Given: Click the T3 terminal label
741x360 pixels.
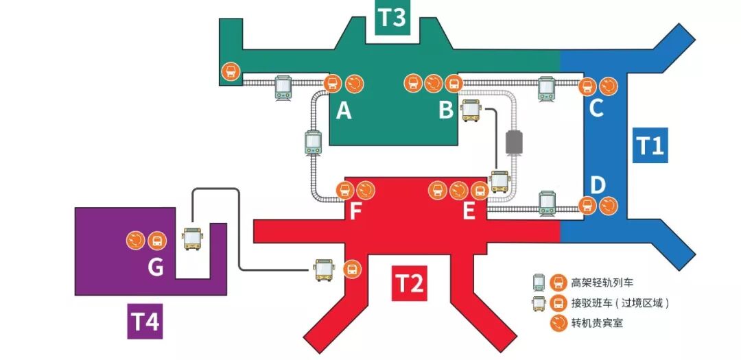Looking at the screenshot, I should [392, 19].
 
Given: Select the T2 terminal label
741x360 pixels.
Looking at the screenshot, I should [410, 283].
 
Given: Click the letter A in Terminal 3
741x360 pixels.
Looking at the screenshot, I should [344, 110].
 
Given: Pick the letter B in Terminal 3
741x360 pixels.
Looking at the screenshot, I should [446, 110].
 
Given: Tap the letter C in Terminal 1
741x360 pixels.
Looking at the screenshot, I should [596, 108].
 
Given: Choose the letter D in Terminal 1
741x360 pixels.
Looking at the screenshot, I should [598, 185].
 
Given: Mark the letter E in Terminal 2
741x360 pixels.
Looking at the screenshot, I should [469, 211].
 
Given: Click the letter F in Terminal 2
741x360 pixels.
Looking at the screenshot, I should [355, 211].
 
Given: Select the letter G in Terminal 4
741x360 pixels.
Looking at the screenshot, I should [156, 267].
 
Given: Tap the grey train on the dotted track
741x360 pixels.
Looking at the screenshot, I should [514, 141].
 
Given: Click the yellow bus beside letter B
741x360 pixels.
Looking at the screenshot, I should [471, 110].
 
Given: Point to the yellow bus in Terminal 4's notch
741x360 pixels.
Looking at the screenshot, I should [193, 239].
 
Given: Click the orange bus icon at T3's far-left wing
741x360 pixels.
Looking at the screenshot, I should [231, 71].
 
